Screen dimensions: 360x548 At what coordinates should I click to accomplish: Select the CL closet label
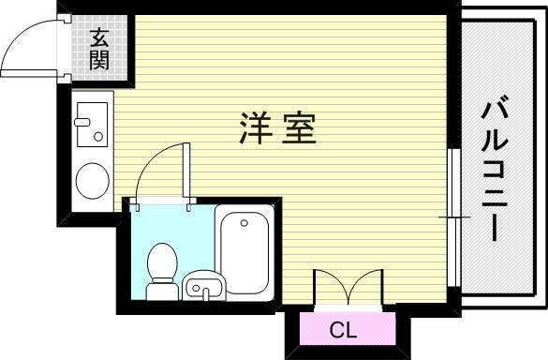[343, 330]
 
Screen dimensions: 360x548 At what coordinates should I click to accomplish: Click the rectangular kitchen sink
[91, 126]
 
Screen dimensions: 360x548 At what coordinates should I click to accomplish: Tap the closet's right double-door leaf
[366, 286]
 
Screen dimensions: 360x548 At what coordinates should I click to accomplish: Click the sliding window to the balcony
[452, 216]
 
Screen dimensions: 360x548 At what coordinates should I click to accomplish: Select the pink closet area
[343, 330]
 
